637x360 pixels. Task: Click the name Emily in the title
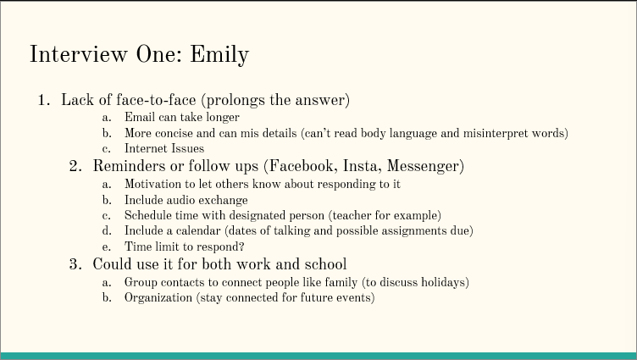[219, 54]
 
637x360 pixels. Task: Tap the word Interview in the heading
[79, 53]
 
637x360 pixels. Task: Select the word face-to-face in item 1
[156, 100]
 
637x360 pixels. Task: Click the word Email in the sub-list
[139, 117]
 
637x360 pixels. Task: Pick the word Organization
[158, 298]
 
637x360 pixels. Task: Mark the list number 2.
[75, 166]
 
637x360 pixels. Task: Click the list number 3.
[75, 264]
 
